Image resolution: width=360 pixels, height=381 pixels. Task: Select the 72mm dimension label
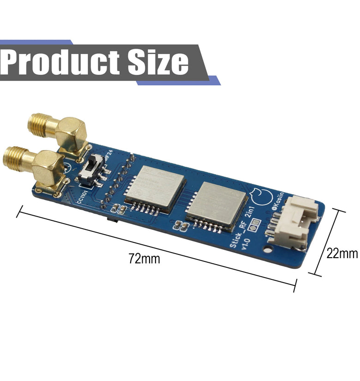144,259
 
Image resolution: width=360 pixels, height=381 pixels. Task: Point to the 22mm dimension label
342,253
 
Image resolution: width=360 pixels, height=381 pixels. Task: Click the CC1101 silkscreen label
84,196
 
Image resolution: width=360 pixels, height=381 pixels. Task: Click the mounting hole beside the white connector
267,248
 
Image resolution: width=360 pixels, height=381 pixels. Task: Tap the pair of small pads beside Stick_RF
253,227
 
